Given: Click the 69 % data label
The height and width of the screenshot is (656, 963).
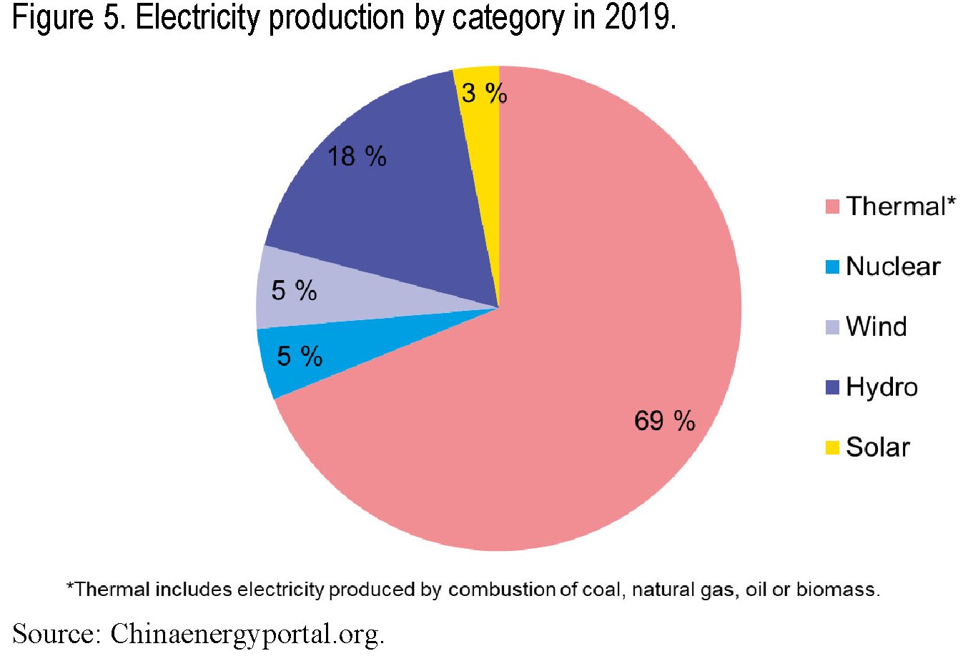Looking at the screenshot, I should click(664, 421).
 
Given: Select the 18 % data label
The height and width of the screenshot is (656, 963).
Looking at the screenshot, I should click(357, 156).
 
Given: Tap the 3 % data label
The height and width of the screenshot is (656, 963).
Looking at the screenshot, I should click(484, 93).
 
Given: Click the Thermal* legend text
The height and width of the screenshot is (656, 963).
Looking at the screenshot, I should click(900, 207).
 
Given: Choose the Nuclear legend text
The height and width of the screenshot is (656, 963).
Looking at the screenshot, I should click(892, 267).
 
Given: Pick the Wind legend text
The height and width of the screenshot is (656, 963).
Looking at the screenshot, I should click(876, 327).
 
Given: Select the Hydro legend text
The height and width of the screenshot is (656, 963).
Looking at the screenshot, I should click(881, 387).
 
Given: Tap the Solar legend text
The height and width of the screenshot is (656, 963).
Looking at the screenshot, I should click(877, 447).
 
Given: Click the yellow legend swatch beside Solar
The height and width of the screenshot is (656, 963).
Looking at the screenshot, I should click(831, 448).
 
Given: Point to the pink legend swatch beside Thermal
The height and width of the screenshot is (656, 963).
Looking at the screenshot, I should click(831, 207).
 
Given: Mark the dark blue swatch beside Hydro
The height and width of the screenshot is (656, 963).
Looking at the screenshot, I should click(831, 387).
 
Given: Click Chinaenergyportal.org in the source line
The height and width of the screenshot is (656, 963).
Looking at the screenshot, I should click(247, 634).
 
